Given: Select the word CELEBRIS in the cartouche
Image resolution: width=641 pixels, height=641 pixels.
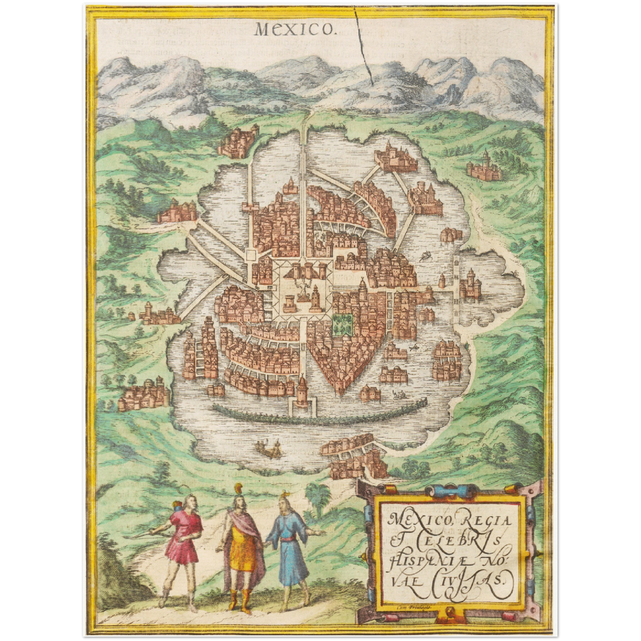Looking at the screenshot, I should coord(461,541).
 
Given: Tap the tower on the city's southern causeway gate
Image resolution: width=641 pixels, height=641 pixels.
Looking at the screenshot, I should coord(303,390).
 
